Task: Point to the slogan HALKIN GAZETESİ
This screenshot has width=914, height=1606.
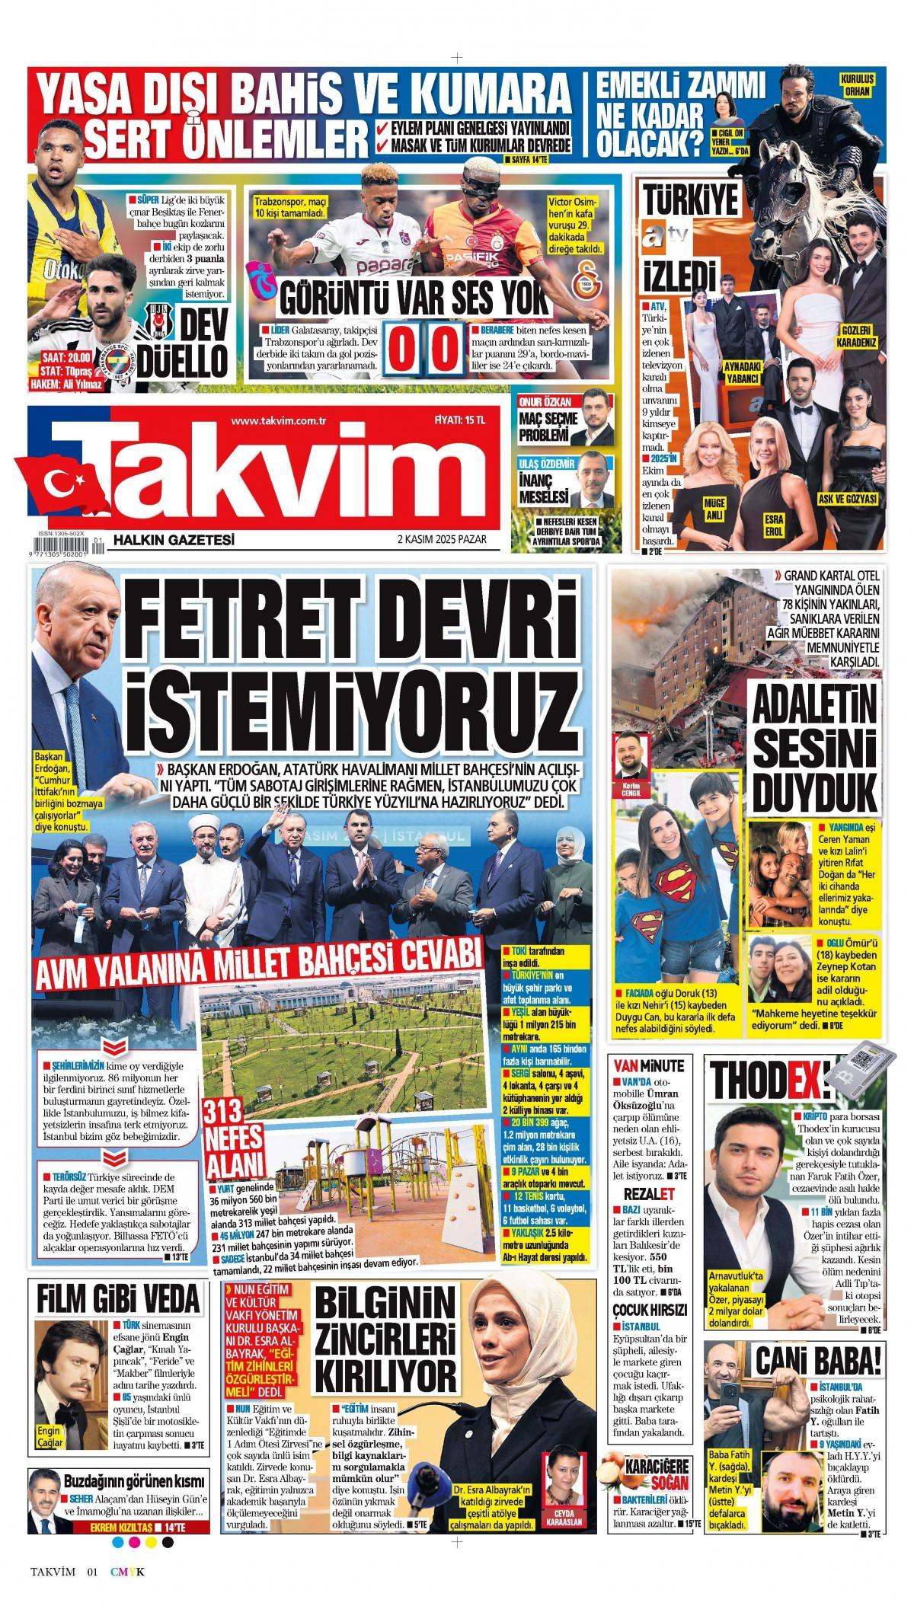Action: pos(174,540)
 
